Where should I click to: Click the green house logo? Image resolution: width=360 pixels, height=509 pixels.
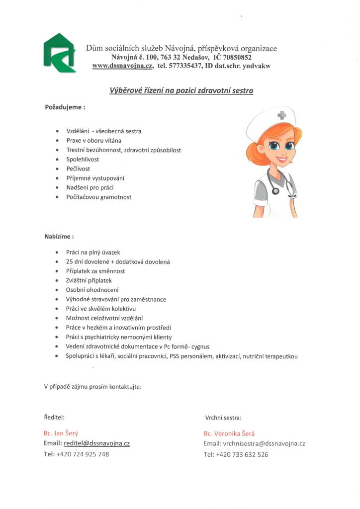(59, 53)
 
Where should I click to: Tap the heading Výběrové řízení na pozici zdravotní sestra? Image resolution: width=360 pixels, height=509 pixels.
(181, 90)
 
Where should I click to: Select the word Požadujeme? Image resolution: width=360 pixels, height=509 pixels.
(63, 107)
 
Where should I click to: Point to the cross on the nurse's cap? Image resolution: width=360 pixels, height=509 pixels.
(282, 116)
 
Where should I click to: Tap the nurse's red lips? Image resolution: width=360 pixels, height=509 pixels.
(281, 161)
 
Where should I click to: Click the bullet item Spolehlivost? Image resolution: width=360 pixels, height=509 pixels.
(83, 159)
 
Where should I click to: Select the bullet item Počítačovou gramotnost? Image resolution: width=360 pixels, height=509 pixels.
(98, 197)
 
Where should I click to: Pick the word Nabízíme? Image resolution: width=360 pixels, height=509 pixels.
(58, 236)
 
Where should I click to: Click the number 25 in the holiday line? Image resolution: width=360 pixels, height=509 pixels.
(70, 261)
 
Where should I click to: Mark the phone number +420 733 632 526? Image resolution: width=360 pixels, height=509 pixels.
(243, 454)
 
